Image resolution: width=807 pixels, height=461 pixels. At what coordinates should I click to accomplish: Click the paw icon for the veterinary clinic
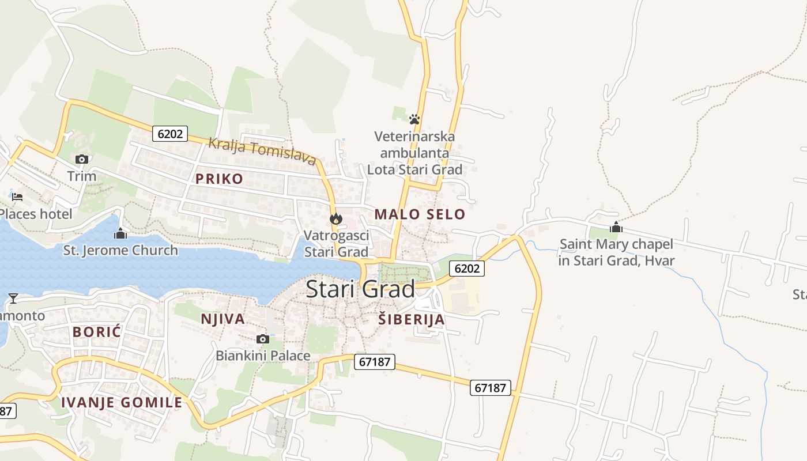414,119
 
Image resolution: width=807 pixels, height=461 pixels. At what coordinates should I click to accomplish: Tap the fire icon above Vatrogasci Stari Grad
336,218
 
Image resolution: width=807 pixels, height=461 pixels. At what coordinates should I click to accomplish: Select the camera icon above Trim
82,159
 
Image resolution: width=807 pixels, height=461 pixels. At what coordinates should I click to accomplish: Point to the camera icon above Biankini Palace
263,339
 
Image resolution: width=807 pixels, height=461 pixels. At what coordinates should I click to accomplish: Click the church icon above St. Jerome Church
120,233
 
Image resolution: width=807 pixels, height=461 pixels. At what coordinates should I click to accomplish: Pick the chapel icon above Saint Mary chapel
616,227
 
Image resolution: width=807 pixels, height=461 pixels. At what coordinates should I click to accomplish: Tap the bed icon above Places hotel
17,197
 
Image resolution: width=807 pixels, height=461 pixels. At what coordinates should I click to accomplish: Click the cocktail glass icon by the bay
13,298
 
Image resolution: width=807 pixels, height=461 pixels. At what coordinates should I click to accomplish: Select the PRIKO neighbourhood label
219,179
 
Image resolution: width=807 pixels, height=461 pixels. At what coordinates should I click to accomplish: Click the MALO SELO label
420,214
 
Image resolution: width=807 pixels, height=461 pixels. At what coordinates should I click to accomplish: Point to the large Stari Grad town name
360,289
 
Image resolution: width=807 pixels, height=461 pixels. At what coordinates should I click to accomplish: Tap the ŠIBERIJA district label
412,319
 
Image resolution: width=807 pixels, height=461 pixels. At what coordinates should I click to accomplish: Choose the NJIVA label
223,319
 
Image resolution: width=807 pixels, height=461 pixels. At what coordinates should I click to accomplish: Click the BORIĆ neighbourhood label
97,331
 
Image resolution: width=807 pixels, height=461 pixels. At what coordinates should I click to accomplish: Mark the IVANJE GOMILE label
122,402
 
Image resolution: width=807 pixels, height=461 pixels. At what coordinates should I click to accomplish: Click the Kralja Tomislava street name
262,151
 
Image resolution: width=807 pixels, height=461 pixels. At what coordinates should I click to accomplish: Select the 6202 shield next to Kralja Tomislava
171,134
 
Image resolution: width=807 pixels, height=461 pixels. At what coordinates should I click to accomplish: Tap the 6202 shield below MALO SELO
467,268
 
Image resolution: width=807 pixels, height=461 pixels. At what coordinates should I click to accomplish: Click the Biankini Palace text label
263,356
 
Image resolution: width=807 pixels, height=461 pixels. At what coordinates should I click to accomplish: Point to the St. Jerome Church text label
120,250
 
